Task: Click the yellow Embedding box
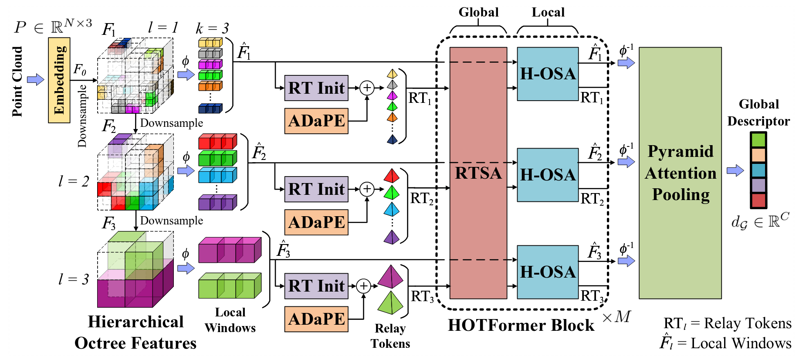(x=59, y=80)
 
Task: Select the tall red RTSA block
(x=478, y=173)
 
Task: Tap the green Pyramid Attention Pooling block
(x=680, y=173)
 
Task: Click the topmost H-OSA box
(x=548, y=74)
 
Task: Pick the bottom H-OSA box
(x=548, y=272)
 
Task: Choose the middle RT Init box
(x=316, y=189)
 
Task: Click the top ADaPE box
(x=316, y=121)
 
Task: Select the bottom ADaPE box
(x=316, y=319)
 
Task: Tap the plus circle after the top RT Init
(x=367, y=88)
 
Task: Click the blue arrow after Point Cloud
(x=36, y=80)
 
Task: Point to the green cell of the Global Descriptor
(x=758, y=140)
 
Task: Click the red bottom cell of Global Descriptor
(x=758, y=200)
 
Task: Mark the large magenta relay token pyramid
(x=390, y=277)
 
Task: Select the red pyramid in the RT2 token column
(x=391, y=176)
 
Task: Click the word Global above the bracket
(x=478, y=12)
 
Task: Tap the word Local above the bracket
(x=548, y=12)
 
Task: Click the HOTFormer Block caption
(x=521, y=325)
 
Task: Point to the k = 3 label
(x=212, y=28)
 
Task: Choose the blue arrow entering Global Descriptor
(x=735, y=170)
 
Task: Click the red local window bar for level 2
(x=217, y=142)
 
